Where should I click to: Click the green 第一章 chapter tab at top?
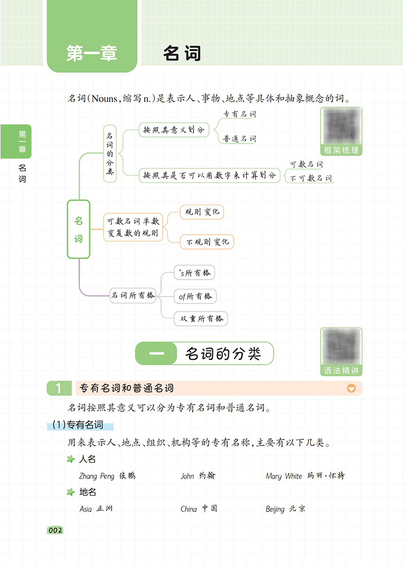pos(92,36)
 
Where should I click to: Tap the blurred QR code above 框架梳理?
pos(341,126)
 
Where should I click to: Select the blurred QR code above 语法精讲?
pos(341,346)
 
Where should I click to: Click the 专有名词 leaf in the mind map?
pos(239,114)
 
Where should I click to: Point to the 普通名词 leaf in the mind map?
pos(239,139)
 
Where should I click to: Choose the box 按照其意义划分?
pos(174,130)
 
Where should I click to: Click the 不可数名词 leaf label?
pos(311,178)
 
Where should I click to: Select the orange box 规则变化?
pos(202,212)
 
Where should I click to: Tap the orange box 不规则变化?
pos(208,241)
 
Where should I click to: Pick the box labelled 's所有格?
pos(194,273)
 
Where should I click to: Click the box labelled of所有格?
pos(195,296)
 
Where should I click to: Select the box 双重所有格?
pos(201,319)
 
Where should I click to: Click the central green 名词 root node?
pos(79,229)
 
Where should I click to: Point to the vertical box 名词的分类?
pos(109,153)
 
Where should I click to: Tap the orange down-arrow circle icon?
pos(351,388)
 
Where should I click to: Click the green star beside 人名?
pos(71,459)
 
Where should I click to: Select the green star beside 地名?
pos(71,492)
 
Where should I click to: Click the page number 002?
pos(55,530)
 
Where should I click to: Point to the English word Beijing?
pos(275,509)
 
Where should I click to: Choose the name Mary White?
pos(284,476)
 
